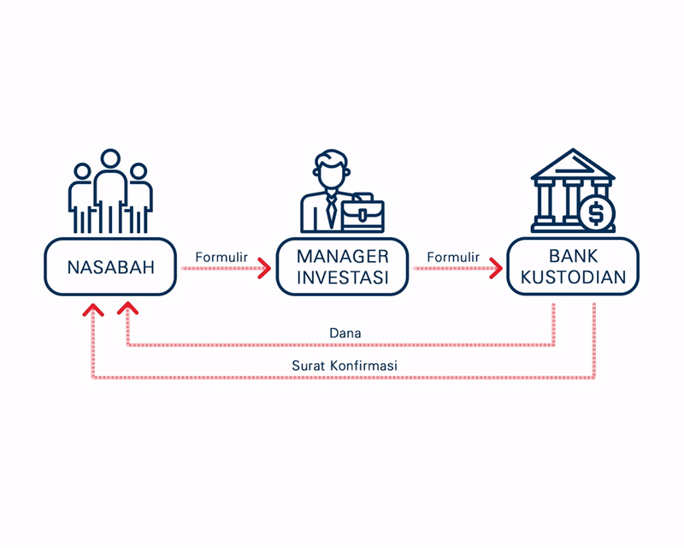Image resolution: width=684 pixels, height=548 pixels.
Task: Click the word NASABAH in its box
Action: coord(111,267)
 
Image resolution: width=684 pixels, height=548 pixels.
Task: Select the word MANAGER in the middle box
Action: coord(343,257)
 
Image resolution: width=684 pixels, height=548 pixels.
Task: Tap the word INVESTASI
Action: coord(343,277)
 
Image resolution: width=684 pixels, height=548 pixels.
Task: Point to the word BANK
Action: coord(573,256)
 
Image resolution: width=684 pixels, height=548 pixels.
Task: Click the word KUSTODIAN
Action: coord(573,277)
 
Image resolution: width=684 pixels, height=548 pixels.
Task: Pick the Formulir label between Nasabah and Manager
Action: coord(221,257)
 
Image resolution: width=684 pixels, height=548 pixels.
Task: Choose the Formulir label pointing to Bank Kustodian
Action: coord(453,257)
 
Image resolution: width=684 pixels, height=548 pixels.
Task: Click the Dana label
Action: coord(345,333)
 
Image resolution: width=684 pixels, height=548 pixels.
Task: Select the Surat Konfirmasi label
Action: coord(345,366)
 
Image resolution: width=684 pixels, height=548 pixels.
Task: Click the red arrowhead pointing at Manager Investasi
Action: coord(265,268)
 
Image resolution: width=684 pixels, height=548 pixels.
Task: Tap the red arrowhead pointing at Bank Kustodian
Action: coord(496,268)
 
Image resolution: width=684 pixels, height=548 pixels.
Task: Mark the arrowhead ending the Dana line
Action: coord(127,307)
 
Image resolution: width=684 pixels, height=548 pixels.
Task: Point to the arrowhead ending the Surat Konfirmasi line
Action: coord(93,309)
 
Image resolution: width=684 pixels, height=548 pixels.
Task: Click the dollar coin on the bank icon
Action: coord(597,214)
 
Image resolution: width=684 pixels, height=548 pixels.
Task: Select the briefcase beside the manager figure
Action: coord(363,213)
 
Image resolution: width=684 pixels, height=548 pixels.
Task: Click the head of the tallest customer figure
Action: coord(110,159)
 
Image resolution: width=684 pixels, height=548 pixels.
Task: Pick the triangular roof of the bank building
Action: coord(573,164)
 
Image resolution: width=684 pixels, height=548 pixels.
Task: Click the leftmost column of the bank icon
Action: coord(544,202)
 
